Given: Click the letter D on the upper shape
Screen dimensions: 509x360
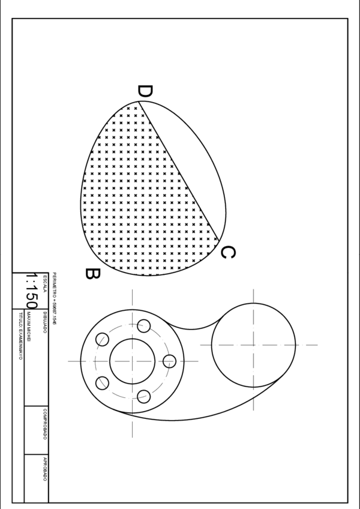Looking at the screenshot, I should (145, 92).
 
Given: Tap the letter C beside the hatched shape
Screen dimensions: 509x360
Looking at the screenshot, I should (227, 253).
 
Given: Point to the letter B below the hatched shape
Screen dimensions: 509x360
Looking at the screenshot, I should (92, 274).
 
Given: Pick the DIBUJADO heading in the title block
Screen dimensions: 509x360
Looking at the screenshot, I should (45, 322).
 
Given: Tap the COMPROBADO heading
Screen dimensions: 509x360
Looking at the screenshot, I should (45, 424).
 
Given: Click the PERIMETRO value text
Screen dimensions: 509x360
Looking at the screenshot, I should (54, 298).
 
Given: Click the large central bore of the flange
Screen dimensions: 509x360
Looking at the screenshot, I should (131, 361).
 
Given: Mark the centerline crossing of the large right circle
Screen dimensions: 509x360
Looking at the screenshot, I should (253, 345).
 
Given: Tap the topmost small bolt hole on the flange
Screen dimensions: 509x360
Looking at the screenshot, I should (144, 326).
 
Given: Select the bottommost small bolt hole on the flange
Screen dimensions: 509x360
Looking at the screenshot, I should (144, 396).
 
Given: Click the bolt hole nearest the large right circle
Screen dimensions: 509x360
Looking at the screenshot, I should (170, 361).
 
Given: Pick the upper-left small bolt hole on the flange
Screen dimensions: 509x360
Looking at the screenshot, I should (102, 339).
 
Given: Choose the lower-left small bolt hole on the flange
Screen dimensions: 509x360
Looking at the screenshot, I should (102, 383).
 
